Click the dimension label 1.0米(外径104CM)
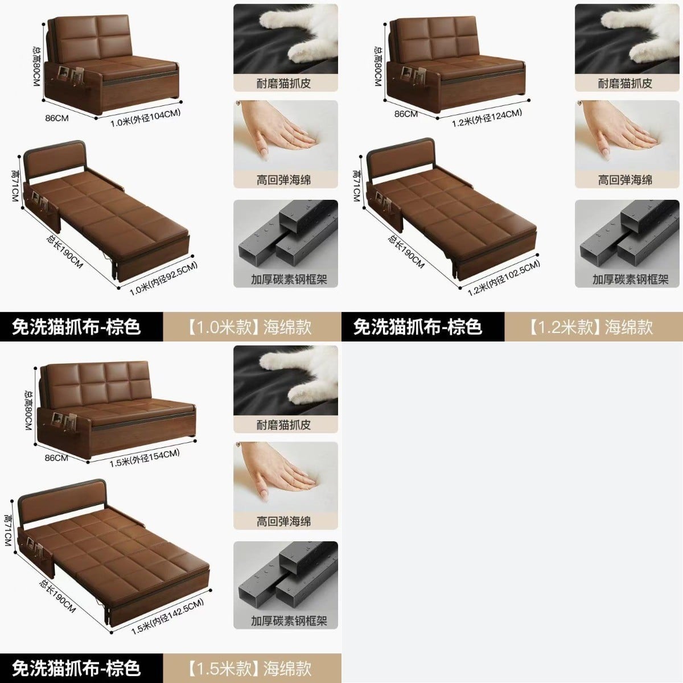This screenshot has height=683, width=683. [145, 118]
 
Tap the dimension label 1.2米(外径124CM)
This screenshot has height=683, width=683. [487, 118]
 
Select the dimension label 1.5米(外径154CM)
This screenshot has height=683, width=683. [145, 458]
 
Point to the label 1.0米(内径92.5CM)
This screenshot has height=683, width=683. [163, 279]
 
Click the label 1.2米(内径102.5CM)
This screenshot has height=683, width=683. [504, 278]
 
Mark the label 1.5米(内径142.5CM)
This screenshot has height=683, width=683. [168, 617]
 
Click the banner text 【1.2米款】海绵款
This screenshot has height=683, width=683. [591, 327]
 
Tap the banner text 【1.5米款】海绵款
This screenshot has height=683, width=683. [249, 668]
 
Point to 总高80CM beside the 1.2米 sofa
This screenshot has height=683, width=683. [378, 66]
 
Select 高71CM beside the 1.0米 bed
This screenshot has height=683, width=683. [15, 186]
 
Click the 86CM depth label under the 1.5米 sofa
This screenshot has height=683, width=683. [56, 458]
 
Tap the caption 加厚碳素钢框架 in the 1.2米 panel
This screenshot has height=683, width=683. [630, 279]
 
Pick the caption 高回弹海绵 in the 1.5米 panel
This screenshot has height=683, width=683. [283, 521]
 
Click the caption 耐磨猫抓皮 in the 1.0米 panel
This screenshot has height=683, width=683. [283, 83]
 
